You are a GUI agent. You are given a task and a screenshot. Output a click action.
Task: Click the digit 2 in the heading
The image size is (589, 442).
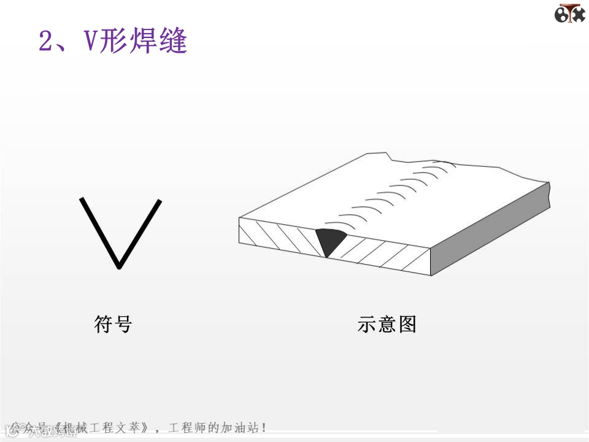click(x=47, y=42)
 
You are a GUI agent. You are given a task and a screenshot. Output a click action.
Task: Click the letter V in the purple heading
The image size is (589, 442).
click(x=90, y=42)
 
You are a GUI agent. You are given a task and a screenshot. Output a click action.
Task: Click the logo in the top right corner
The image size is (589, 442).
click(x=569, y=14)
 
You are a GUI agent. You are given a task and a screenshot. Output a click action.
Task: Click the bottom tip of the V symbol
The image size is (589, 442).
click(x=119, y=267)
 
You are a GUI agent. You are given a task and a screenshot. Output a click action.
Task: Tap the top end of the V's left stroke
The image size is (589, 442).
click(x=82, y=199)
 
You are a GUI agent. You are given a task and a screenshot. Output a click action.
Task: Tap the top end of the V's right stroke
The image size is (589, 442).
click(x=160, y=201)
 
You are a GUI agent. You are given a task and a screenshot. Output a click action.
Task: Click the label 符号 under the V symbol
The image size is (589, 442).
click(x=113, y=324)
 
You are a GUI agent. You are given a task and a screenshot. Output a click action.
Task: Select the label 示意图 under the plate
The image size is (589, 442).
click(x=387, y=324)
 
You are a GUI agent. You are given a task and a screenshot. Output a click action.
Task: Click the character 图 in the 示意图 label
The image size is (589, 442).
click(x=407, y=324)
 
